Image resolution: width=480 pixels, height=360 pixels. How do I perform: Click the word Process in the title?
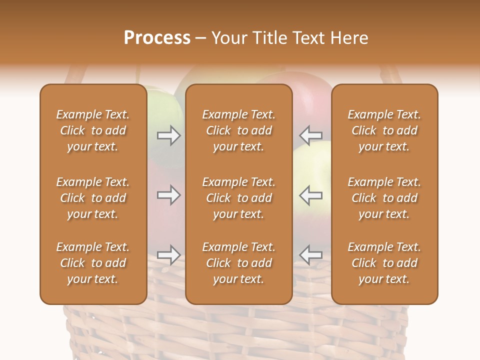click(157, 38)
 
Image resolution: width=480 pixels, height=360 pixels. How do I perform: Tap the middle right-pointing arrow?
click(168, 195)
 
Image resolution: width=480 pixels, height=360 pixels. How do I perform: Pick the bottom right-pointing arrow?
click(168, 255)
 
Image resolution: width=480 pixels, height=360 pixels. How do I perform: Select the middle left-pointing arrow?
click(311, 195)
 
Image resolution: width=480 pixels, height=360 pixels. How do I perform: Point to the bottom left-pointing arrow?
click(311, 255)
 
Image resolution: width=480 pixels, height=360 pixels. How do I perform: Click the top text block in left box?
click(93, 130)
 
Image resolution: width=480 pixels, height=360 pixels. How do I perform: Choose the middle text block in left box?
click(93, 198)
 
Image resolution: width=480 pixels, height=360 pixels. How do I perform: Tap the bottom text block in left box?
click(93, 263)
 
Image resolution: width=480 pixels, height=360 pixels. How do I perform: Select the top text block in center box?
click(238, 130)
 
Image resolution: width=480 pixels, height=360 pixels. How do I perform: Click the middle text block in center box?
click(238, 198)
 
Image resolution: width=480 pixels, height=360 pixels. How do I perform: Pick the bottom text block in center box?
click(238, 263)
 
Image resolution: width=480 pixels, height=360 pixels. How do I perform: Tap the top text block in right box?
click(384, 130)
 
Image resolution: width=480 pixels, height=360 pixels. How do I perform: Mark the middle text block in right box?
click(384, 198)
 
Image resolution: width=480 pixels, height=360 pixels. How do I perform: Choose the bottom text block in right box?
click(384, 263)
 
